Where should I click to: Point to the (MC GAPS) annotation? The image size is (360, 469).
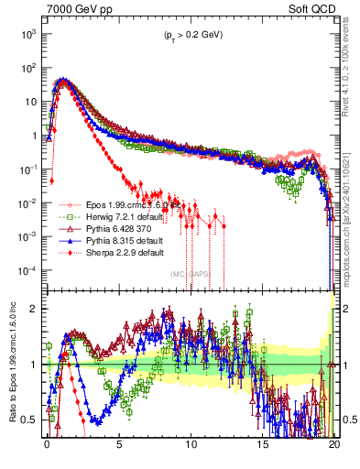point(191,273)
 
